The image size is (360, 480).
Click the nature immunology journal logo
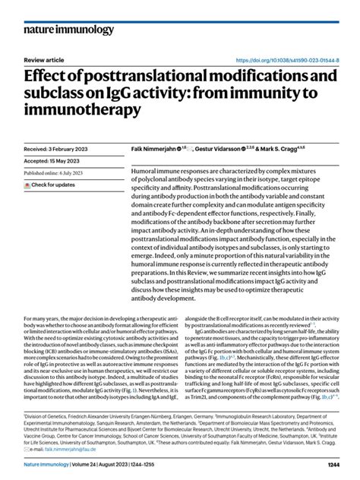tap(62, 31)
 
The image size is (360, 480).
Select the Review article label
tap(45, 60)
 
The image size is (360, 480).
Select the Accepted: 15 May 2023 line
tap(53, 162)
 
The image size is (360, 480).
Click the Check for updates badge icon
tap(28, 185)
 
